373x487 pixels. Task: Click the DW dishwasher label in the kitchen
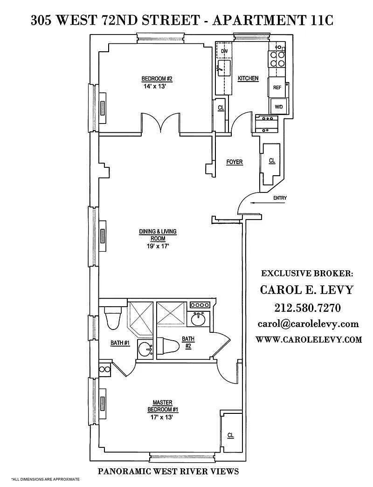click(224, 51)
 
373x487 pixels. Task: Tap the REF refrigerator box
click(277, 87)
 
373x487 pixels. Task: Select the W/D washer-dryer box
click(279, 107)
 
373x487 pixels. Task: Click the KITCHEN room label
click(248, 78)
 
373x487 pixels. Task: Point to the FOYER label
click(235, 162)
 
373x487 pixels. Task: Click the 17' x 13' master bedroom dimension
click(160, 417)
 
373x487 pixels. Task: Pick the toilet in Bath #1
click(112, 317)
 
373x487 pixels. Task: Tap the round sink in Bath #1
click(145, 350)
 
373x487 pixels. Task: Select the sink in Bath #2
click(198, 319)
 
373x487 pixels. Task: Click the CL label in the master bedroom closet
click(230, 435)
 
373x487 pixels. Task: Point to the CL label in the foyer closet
click(272, 161)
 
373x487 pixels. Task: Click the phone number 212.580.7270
click(307, 308)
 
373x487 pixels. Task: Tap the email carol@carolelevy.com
click(308, 324)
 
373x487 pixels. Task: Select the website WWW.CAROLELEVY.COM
click(309, 339)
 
